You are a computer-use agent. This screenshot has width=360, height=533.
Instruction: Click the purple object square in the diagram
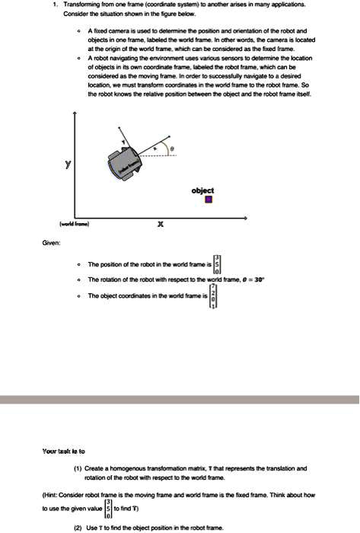(209, 200)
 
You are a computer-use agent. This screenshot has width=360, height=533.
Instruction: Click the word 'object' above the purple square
(203, 190)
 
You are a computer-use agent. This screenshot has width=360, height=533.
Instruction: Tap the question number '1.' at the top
(55, 5)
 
